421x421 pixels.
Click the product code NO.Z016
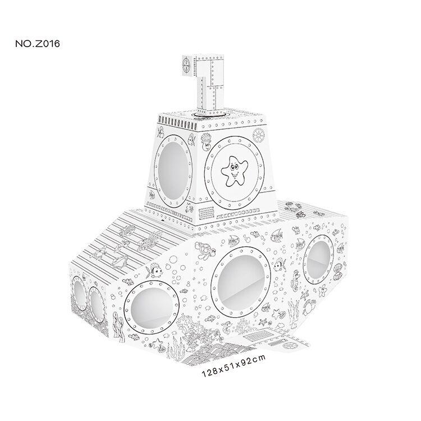[x=38, y=43]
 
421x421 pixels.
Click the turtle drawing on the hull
[x=205, y=249]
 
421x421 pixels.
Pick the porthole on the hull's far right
[x=318, y=259]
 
